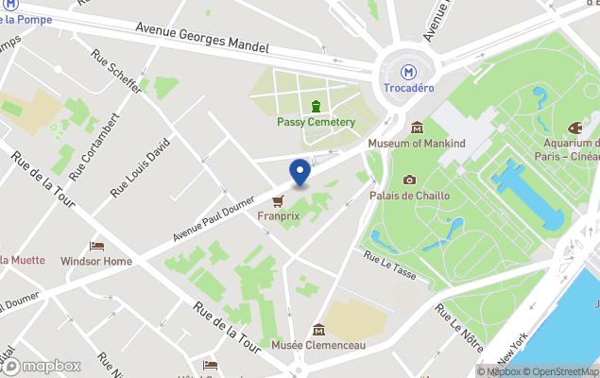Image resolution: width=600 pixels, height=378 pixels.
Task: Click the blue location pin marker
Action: tap(300, 172)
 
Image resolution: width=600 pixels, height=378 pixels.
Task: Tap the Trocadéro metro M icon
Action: tap(409, 71)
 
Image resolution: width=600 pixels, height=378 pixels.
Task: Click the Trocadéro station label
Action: tap(408, 89)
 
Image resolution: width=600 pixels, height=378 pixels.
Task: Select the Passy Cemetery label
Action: tap(316, 122)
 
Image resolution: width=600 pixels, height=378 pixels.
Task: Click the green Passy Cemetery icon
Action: tap(316, 105)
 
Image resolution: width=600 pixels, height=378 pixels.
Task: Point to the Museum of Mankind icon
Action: tap(417, 127)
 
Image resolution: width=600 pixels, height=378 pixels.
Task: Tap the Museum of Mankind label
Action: tap(417, 144)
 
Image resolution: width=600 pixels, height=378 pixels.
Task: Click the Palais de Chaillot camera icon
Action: tap(409, 180)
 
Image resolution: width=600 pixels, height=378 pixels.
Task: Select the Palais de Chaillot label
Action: tap(409, 196)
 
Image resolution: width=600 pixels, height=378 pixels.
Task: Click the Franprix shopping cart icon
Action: tap(278, 200)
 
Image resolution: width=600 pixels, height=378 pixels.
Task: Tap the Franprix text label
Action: tap(278, 216)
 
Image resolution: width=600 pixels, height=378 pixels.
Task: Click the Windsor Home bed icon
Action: tap(96, 246)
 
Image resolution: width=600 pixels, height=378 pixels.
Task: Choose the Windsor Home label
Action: tap(96, 261)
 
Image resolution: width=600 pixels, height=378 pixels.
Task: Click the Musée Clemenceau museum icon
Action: tap(318, 330)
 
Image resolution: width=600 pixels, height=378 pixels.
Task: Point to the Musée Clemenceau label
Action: tap(318, 346)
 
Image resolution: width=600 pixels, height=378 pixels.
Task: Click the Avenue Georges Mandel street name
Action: tap(202, 37)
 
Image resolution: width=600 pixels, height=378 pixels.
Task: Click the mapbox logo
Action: tap(42, 366)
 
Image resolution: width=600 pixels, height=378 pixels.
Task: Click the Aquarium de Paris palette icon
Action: tap(574, 128)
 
